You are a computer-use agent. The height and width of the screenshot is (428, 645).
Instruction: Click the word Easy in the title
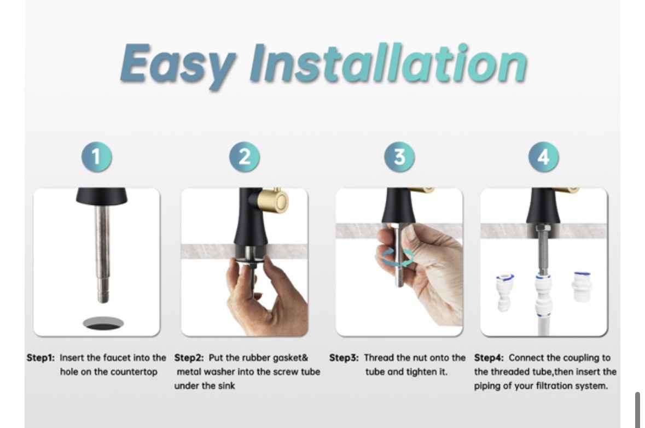[178, 65]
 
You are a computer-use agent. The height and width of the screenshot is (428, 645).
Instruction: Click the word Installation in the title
[388, 62]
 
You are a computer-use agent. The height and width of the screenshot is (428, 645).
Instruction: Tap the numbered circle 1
[97, 157]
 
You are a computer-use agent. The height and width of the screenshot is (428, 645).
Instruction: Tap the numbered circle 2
[245, 157]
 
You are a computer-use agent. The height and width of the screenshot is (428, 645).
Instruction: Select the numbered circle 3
[399, 157]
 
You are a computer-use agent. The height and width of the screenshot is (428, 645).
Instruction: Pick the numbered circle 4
[543, 157]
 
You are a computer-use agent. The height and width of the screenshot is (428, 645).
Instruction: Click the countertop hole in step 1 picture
[103, 324]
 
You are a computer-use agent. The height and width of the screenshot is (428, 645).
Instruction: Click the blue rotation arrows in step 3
[395, 257]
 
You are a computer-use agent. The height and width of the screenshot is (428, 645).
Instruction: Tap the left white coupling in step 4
[504, 292]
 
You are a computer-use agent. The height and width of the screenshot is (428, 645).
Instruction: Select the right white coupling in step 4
[582, 286]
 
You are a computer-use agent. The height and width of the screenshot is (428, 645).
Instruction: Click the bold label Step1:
[40, 357]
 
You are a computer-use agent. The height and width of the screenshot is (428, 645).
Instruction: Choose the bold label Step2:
[189, 357]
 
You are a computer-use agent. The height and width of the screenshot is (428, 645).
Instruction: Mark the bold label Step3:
[344, 357]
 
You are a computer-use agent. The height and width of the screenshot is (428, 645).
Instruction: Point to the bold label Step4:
[489, 357]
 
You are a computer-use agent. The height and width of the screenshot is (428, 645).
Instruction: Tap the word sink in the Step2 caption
[226, 386]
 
